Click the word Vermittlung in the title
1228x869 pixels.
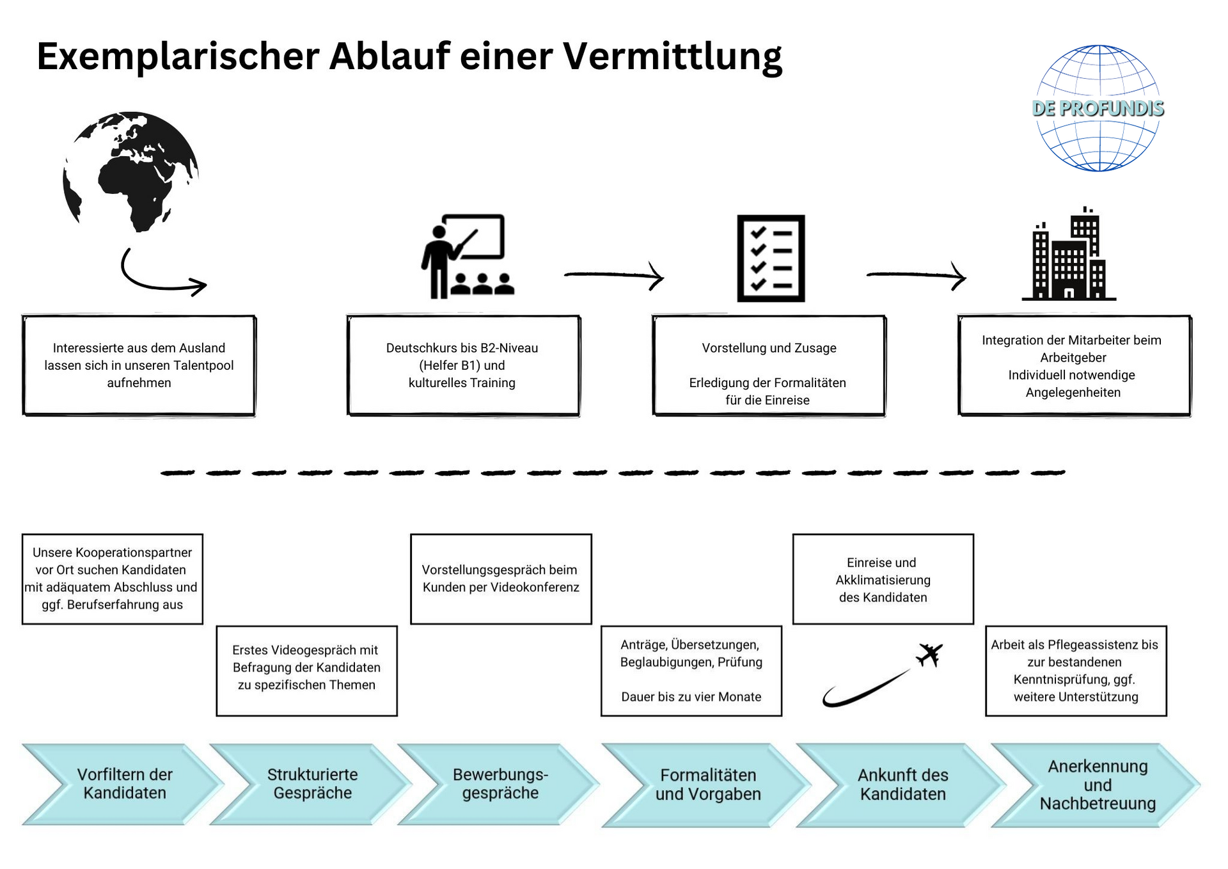672,56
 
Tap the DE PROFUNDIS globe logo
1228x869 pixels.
1098,108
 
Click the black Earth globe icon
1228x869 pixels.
131,171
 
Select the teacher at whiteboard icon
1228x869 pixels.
467,257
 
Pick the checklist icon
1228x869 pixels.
771,259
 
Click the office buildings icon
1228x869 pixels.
1069,256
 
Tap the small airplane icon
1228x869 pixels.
929,655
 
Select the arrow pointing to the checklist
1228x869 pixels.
614,275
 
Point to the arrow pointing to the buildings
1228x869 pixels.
916,275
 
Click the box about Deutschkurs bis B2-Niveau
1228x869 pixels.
463,365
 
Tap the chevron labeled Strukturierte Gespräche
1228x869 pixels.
311,784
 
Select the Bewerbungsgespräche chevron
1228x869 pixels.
500,784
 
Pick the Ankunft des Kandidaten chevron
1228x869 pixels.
902,785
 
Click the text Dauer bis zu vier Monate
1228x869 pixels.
691,697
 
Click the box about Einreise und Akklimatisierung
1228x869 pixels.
883,580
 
